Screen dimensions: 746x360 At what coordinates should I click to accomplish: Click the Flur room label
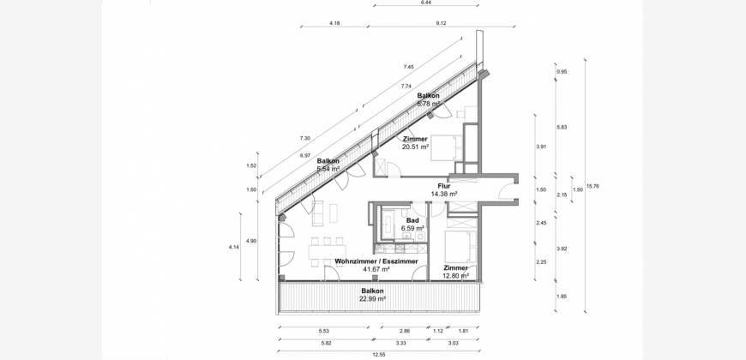pos(444,186)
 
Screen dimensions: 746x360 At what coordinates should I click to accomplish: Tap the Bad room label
pos(412,220)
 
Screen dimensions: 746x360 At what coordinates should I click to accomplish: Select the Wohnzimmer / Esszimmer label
pos(376,261)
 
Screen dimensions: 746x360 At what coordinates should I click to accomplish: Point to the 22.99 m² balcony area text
pos(372,298)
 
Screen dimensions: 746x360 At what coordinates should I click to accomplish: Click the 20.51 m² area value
pos(415,147)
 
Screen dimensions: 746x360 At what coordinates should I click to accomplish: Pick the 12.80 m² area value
pos(456,275)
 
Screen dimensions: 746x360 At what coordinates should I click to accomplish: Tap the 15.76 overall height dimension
pos(593,186)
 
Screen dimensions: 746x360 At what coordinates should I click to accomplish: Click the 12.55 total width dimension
pos(379,355)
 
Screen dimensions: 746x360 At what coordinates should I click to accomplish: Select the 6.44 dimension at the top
pos(426,3)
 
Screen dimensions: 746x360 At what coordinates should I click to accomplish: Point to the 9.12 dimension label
pos(441,23)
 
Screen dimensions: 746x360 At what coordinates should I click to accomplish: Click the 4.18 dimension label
pos(334,23)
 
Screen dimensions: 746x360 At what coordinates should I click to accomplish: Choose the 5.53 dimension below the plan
pos(324,331)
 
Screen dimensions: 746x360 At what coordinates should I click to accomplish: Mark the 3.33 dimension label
pos(405,343)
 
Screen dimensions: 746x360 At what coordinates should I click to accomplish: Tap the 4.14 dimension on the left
pos(233,247)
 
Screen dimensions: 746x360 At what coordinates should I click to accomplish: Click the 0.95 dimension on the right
pos(562,72)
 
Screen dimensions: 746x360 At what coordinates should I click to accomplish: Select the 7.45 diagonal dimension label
pos(408,67)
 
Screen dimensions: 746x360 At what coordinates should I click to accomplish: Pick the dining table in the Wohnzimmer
pos(327,252)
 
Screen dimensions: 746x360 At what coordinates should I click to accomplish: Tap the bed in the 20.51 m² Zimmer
pos(447,148)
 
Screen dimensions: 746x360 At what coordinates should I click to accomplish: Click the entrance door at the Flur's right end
pos(507,190)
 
